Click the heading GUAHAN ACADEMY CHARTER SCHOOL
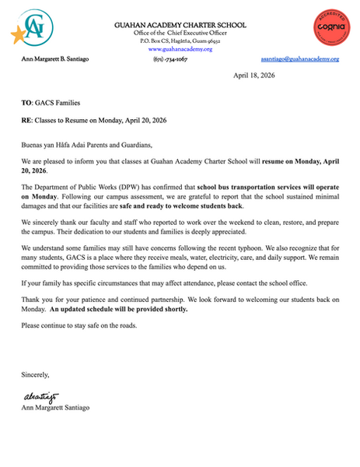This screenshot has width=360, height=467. click(x=180, y=24)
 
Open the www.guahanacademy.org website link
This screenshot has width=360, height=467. click(x=180, y=49)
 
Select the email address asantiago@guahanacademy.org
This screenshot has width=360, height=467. click(x=299, y=59)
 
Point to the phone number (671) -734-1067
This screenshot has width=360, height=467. click(x=180, y=59)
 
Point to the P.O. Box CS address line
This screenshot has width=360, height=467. click(x=180, y=40)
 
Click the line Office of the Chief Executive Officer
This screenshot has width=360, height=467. click(x=180, y=33)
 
